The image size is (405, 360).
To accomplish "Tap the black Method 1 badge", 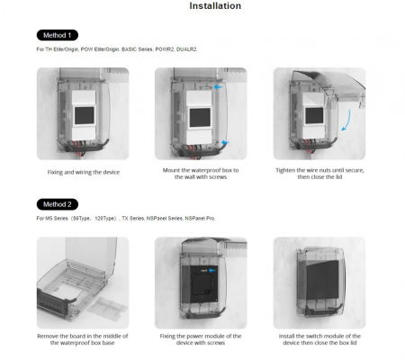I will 57,34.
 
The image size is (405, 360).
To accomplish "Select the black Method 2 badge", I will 57,203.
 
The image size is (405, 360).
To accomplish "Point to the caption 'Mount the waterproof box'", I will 202,172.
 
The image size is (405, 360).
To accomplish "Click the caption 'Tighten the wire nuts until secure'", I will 319,172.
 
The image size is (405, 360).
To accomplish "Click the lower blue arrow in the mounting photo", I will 222,140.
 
